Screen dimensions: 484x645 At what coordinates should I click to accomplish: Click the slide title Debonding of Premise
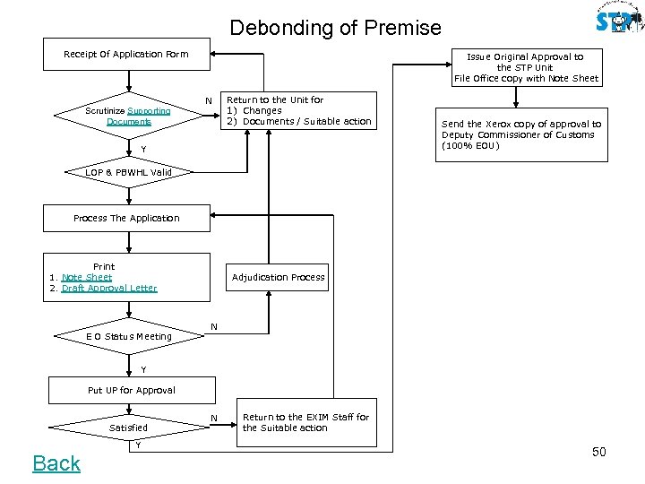point(335,28)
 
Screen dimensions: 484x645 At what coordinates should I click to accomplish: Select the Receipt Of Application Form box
point(126,54)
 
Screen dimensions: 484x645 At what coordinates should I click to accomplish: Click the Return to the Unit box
point(298,110)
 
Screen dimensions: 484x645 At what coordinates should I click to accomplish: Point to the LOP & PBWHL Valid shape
point(128,172)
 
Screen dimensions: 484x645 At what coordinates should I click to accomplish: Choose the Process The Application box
point(126,218)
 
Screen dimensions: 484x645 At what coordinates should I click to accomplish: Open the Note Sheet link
point(87,277)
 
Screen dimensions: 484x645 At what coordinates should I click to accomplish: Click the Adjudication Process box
point(278,277)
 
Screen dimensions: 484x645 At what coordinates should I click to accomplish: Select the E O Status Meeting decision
point(128,336)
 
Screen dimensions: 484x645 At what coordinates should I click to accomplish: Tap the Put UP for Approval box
point(132,390)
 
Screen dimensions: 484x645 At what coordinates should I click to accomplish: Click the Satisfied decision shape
point(128,428)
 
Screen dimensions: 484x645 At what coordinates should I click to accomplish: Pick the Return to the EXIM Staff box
point(305,422)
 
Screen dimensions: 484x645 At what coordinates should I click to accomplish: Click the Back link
point(56,463)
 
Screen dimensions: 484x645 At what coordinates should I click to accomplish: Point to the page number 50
point(598,452)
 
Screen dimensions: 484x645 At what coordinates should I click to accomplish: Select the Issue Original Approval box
point(525,67)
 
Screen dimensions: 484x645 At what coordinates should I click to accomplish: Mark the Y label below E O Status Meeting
point(142,369)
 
